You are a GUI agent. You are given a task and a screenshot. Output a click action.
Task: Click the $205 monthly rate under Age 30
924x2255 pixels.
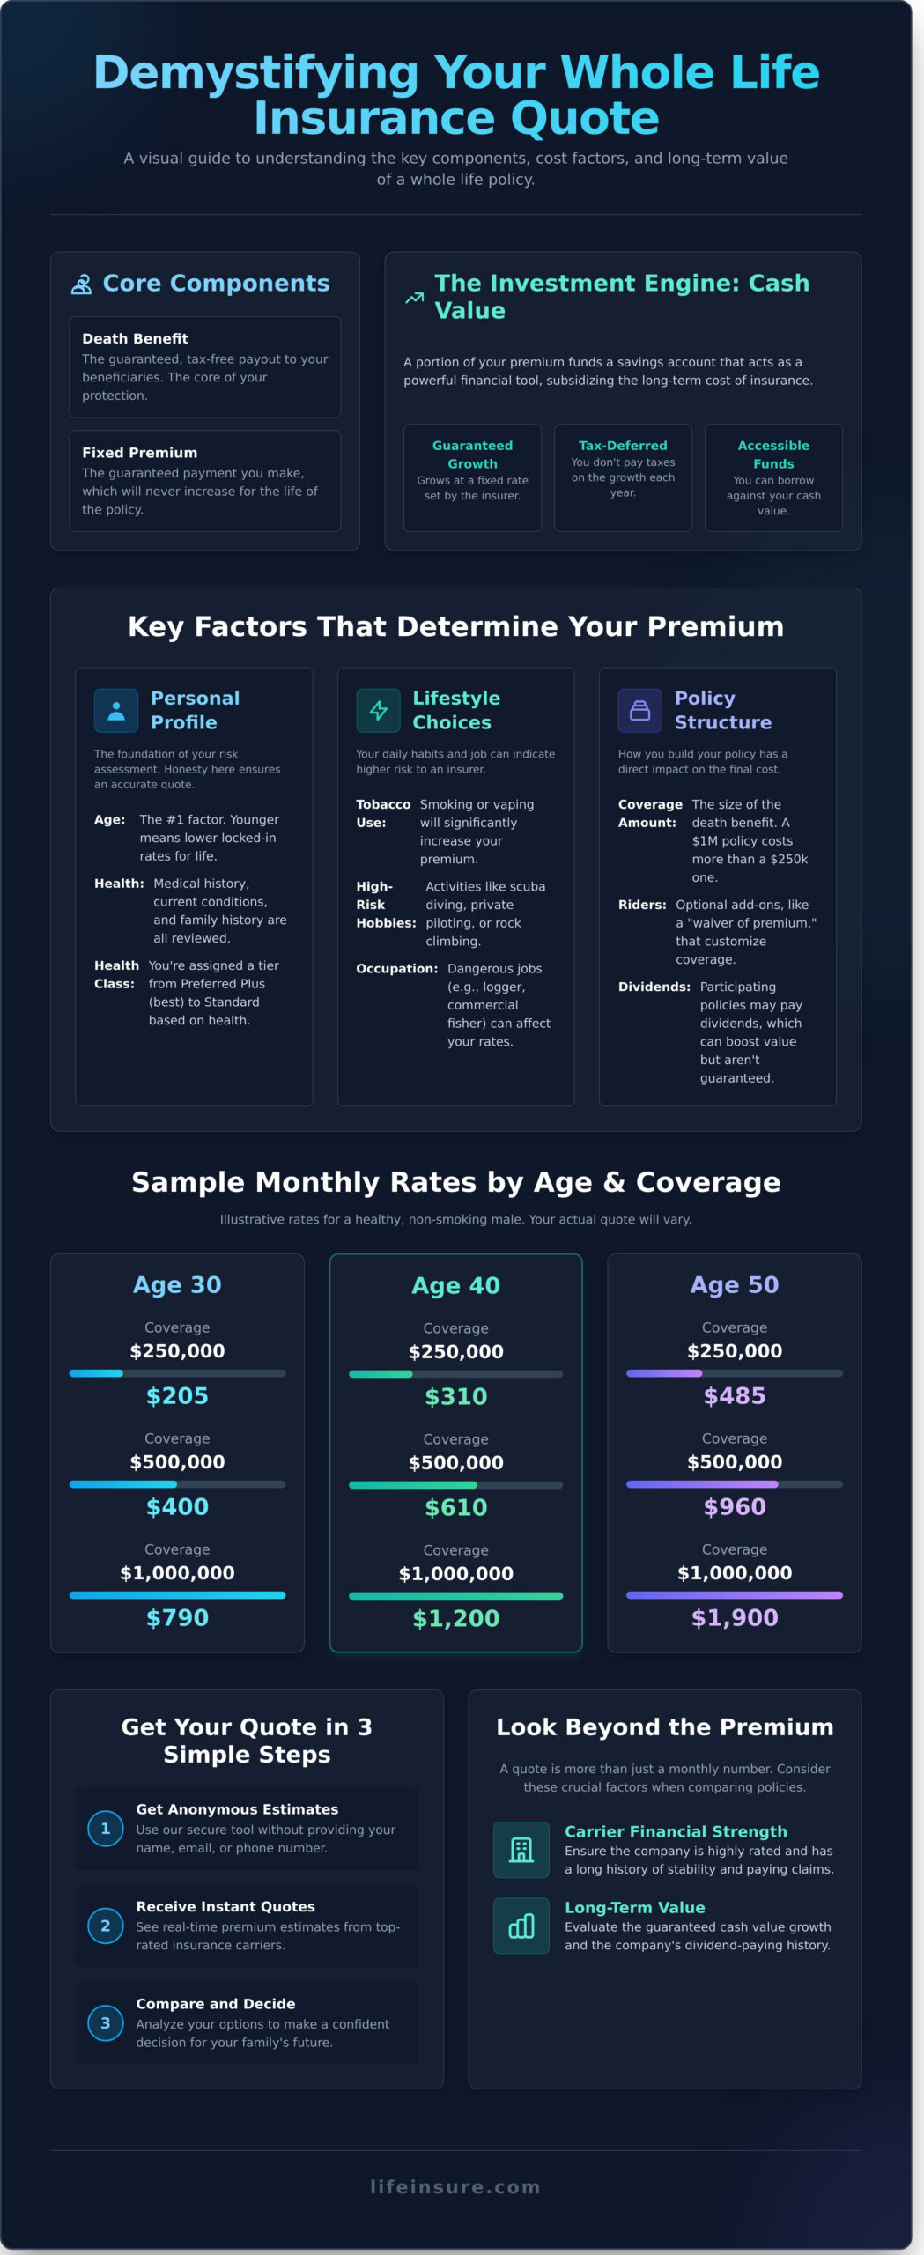coord(177,1396)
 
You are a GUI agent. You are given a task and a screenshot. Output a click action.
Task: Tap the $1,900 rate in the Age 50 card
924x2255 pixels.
coord(734,1618)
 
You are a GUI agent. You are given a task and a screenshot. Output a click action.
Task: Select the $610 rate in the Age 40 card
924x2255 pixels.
coord(455,1508)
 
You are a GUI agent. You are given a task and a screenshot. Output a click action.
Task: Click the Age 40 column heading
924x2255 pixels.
coord(455,1286)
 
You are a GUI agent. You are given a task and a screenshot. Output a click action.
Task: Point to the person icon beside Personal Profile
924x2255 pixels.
coord(116,711)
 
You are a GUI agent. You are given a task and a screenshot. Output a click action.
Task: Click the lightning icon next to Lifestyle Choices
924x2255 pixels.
coord(378,711)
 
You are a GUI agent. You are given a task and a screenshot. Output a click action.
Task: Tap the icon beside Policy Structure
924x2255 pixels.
coord(639,711)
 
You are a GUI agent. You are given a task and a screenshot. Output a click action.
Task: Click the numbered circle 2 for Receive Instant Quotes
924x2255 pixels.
coord(106,1926)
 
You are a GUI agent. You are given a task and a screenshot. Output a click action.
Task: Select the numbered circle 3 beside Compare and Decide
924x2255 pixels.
coord(106,2023)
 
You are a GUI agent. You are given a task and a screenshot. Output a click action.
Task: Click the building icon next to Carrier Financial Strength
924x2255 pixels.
coord(521,1850)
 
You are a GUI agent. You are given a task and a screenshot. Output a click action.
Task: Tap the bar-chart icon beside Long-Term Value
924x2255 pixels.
coord(521,1926)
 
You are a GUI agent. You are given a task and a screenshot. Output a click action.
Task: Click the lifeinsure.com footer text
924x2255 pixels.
coord(455,2187)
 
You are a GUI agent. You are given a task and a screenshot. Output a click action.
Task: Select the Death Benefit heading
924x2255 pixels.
coord(135,339)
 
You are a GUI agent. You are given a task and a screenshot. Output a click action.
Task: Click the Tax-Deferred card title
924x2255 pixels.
coord(623,446)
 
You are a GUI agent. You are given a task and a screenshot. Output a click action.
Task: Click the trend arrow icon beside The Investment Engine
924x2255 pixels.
coord(414,298)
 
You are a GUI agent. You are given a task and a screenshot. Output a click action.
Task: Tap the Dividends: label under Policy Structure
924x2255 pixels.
coord(654,987)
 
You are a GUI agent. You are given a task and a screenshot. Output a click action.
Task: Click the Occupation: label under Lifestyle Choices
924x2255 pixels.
coord(396,969)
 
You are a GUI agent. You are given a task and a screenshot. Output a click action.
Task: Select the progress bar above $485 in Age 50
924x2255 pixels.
coord(734,1373)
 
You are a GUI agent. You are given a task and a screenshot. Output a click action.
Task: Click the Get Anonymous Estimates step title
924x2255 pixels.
coord(237,1809)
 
